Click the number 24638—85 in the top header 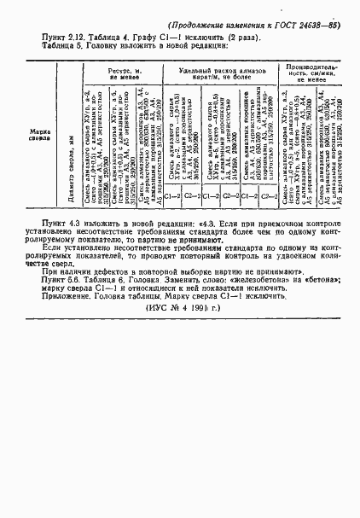point(318,26)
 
